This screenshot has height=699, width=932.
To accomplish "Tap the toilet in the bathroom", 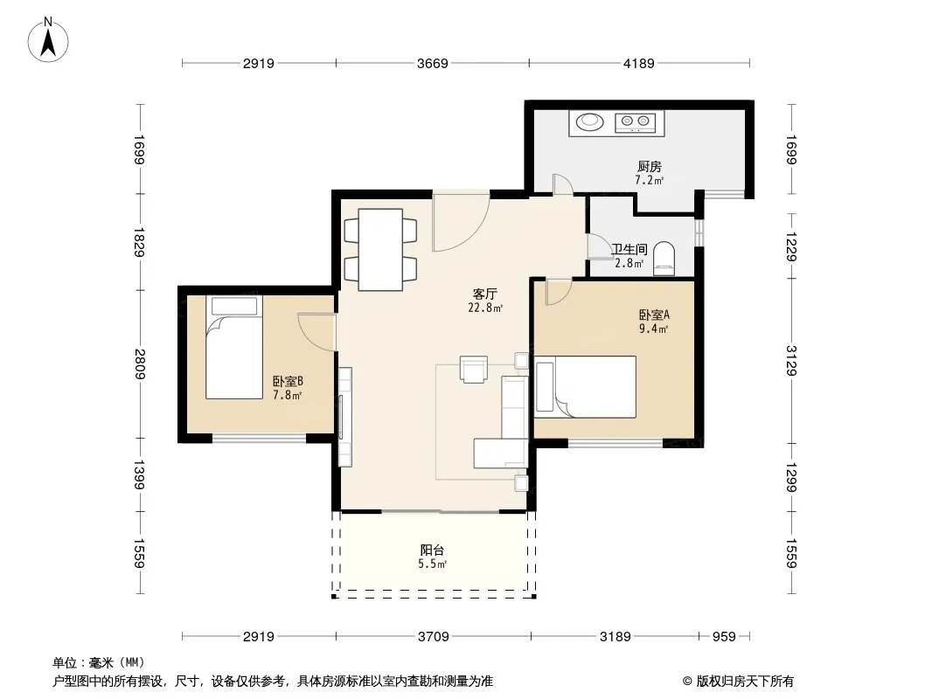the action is point(664,259).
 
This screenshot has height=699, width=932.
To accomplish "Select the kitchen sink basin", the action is point(590,121).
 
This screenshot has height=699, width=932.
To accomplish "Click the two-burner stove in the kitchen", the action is point(635,122).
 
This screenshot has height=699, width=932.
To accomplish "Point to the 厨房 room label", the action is point(649,167).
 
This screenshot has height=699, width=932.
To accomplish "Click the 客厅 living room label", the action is point(485,294).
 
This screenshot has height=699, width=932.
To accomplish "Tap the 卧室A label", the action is point(654,315).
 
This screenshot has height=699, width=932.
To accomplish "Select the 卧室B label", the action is point(288,381).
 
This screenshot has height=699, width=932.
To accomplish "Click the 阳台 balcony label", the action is point(432,550).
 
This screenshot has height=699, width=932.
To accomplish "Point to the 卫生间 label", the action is point(629,249).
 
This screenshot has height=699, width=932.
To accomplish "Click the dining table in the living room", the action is point(380,249).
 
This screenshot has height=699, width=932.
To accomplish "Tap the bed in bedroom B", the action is point(234,348).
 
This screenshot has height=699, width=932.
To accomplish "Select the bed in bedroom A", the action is point(586,386).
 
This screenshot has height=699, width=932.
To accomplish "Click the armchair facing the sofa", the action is point(474,369).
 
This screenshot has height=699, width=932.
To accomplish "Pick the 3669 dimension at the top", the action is point(432,63).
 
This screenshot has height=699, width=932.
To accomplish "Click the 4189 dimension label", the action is point(638,63).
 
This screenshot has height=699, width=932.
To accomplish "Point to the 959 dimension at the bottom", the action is point(724,637).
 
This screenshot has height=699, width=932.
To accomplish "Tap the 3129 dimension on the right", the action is point(791,361).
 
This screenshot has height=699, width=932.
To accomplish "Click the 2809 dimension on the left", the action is point(140,363).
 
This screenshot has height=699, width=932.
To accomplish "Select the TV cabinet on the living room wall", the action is point(344,417).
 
